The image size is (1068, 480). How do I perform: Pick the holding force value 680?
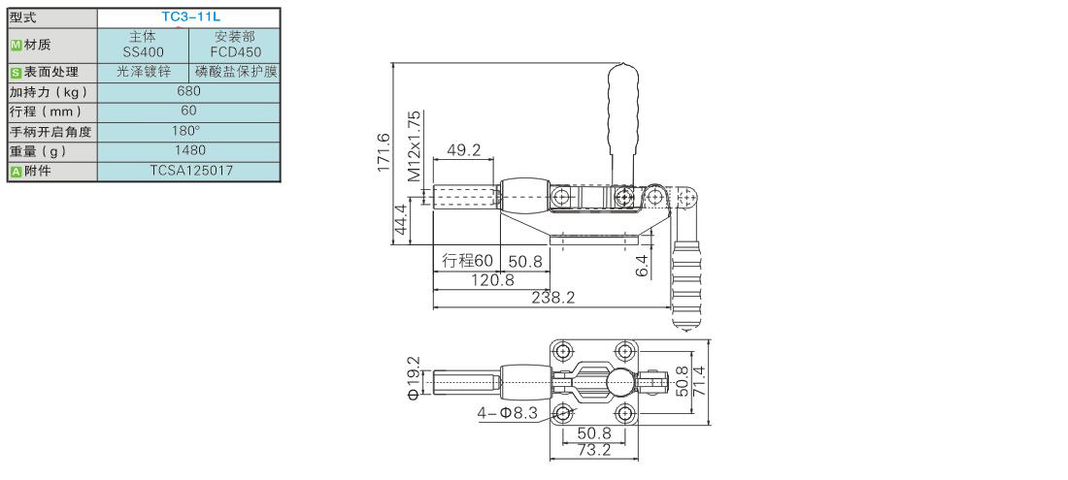(188, 91)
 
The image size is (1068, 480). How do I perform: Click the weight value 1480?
(188, 150)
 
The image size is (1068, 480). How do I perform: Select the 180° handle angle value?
(188, 131)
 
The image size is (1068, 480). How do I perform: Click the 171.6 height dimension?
(384, 151)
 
